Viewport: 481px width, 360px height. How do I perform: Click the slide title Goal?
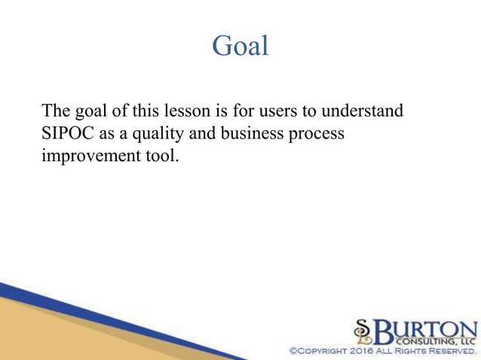[240, 46]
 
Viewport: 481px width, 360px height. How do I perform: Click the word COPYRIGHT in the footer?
[310, 352]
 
